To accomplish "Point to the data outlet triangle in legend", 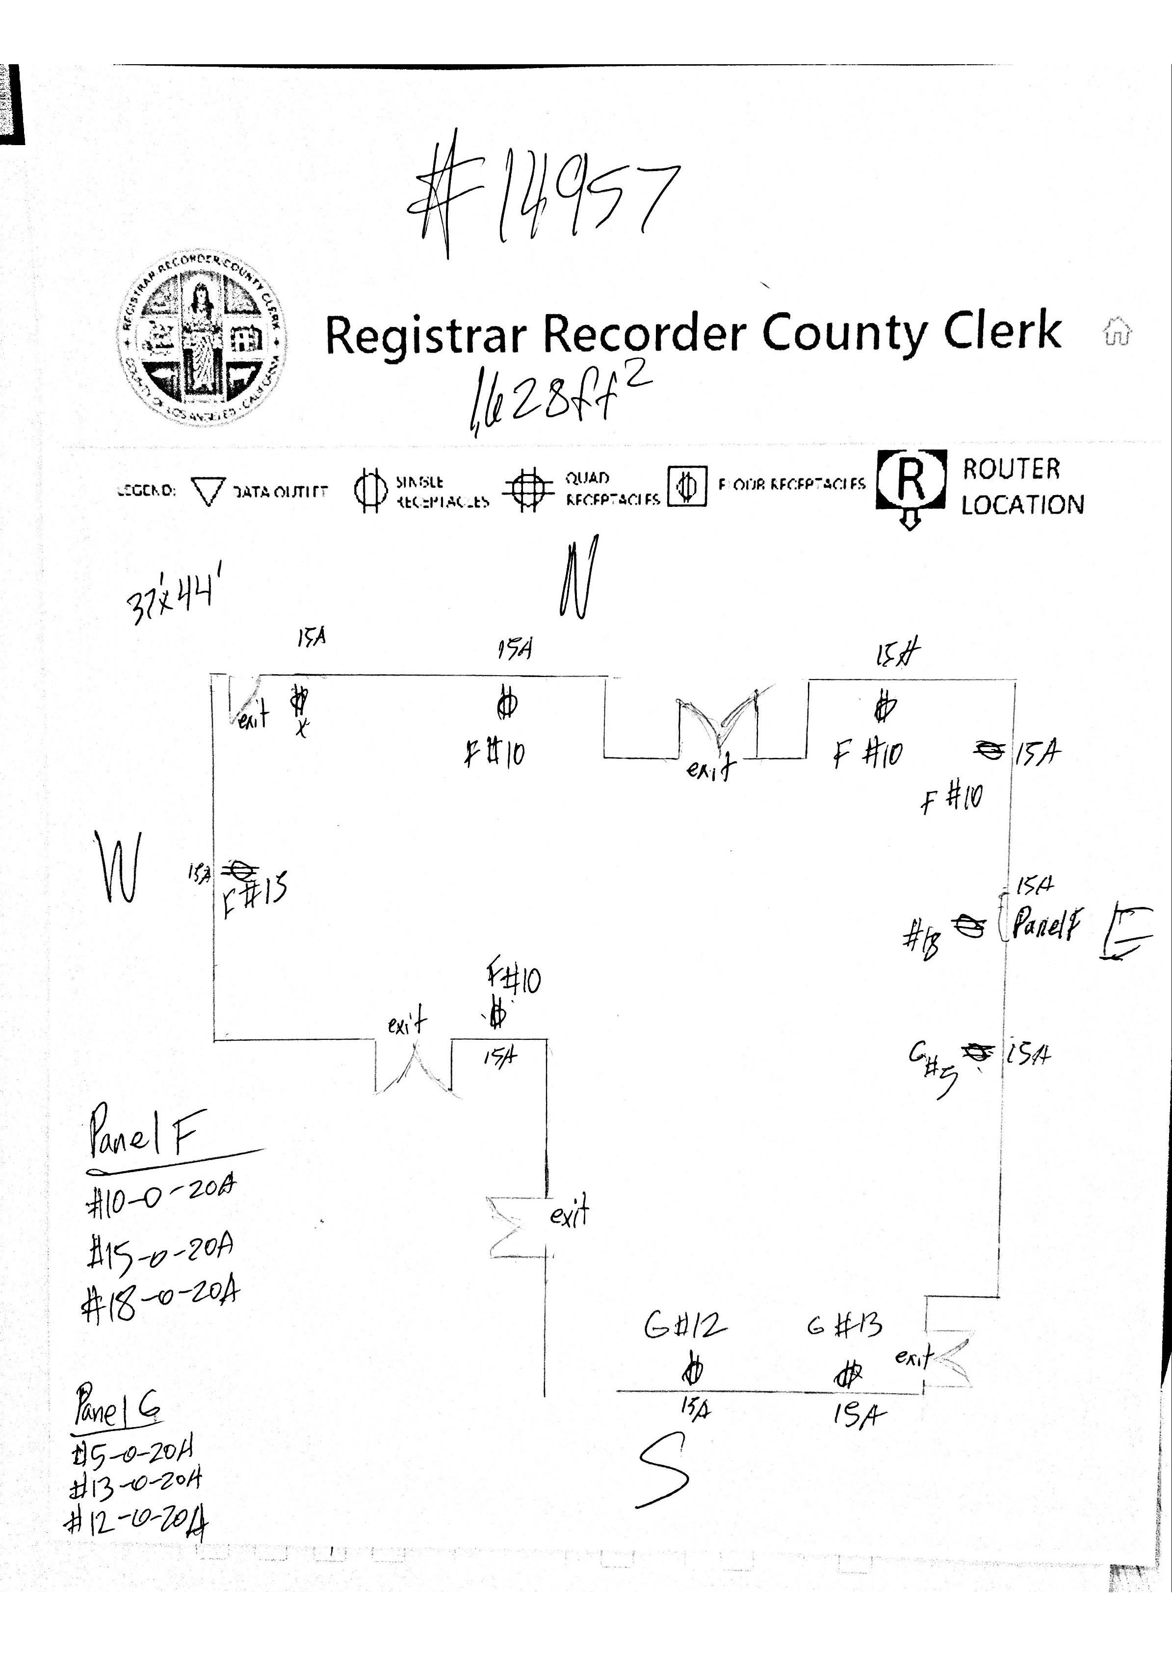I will coord(208,491).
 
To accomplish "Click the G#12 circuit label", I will coord(684,1326).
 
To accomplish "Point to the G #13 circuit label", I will coord(844,1325).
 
